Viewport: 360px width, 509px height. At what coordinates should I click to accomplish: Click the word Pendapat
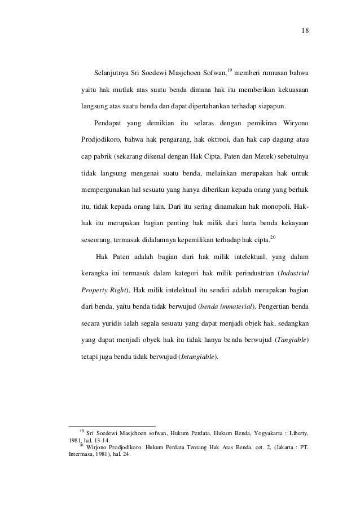pos(111,122)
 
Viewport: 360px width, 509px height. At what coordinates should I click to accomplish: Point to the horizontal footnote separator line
pos(111,425)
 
